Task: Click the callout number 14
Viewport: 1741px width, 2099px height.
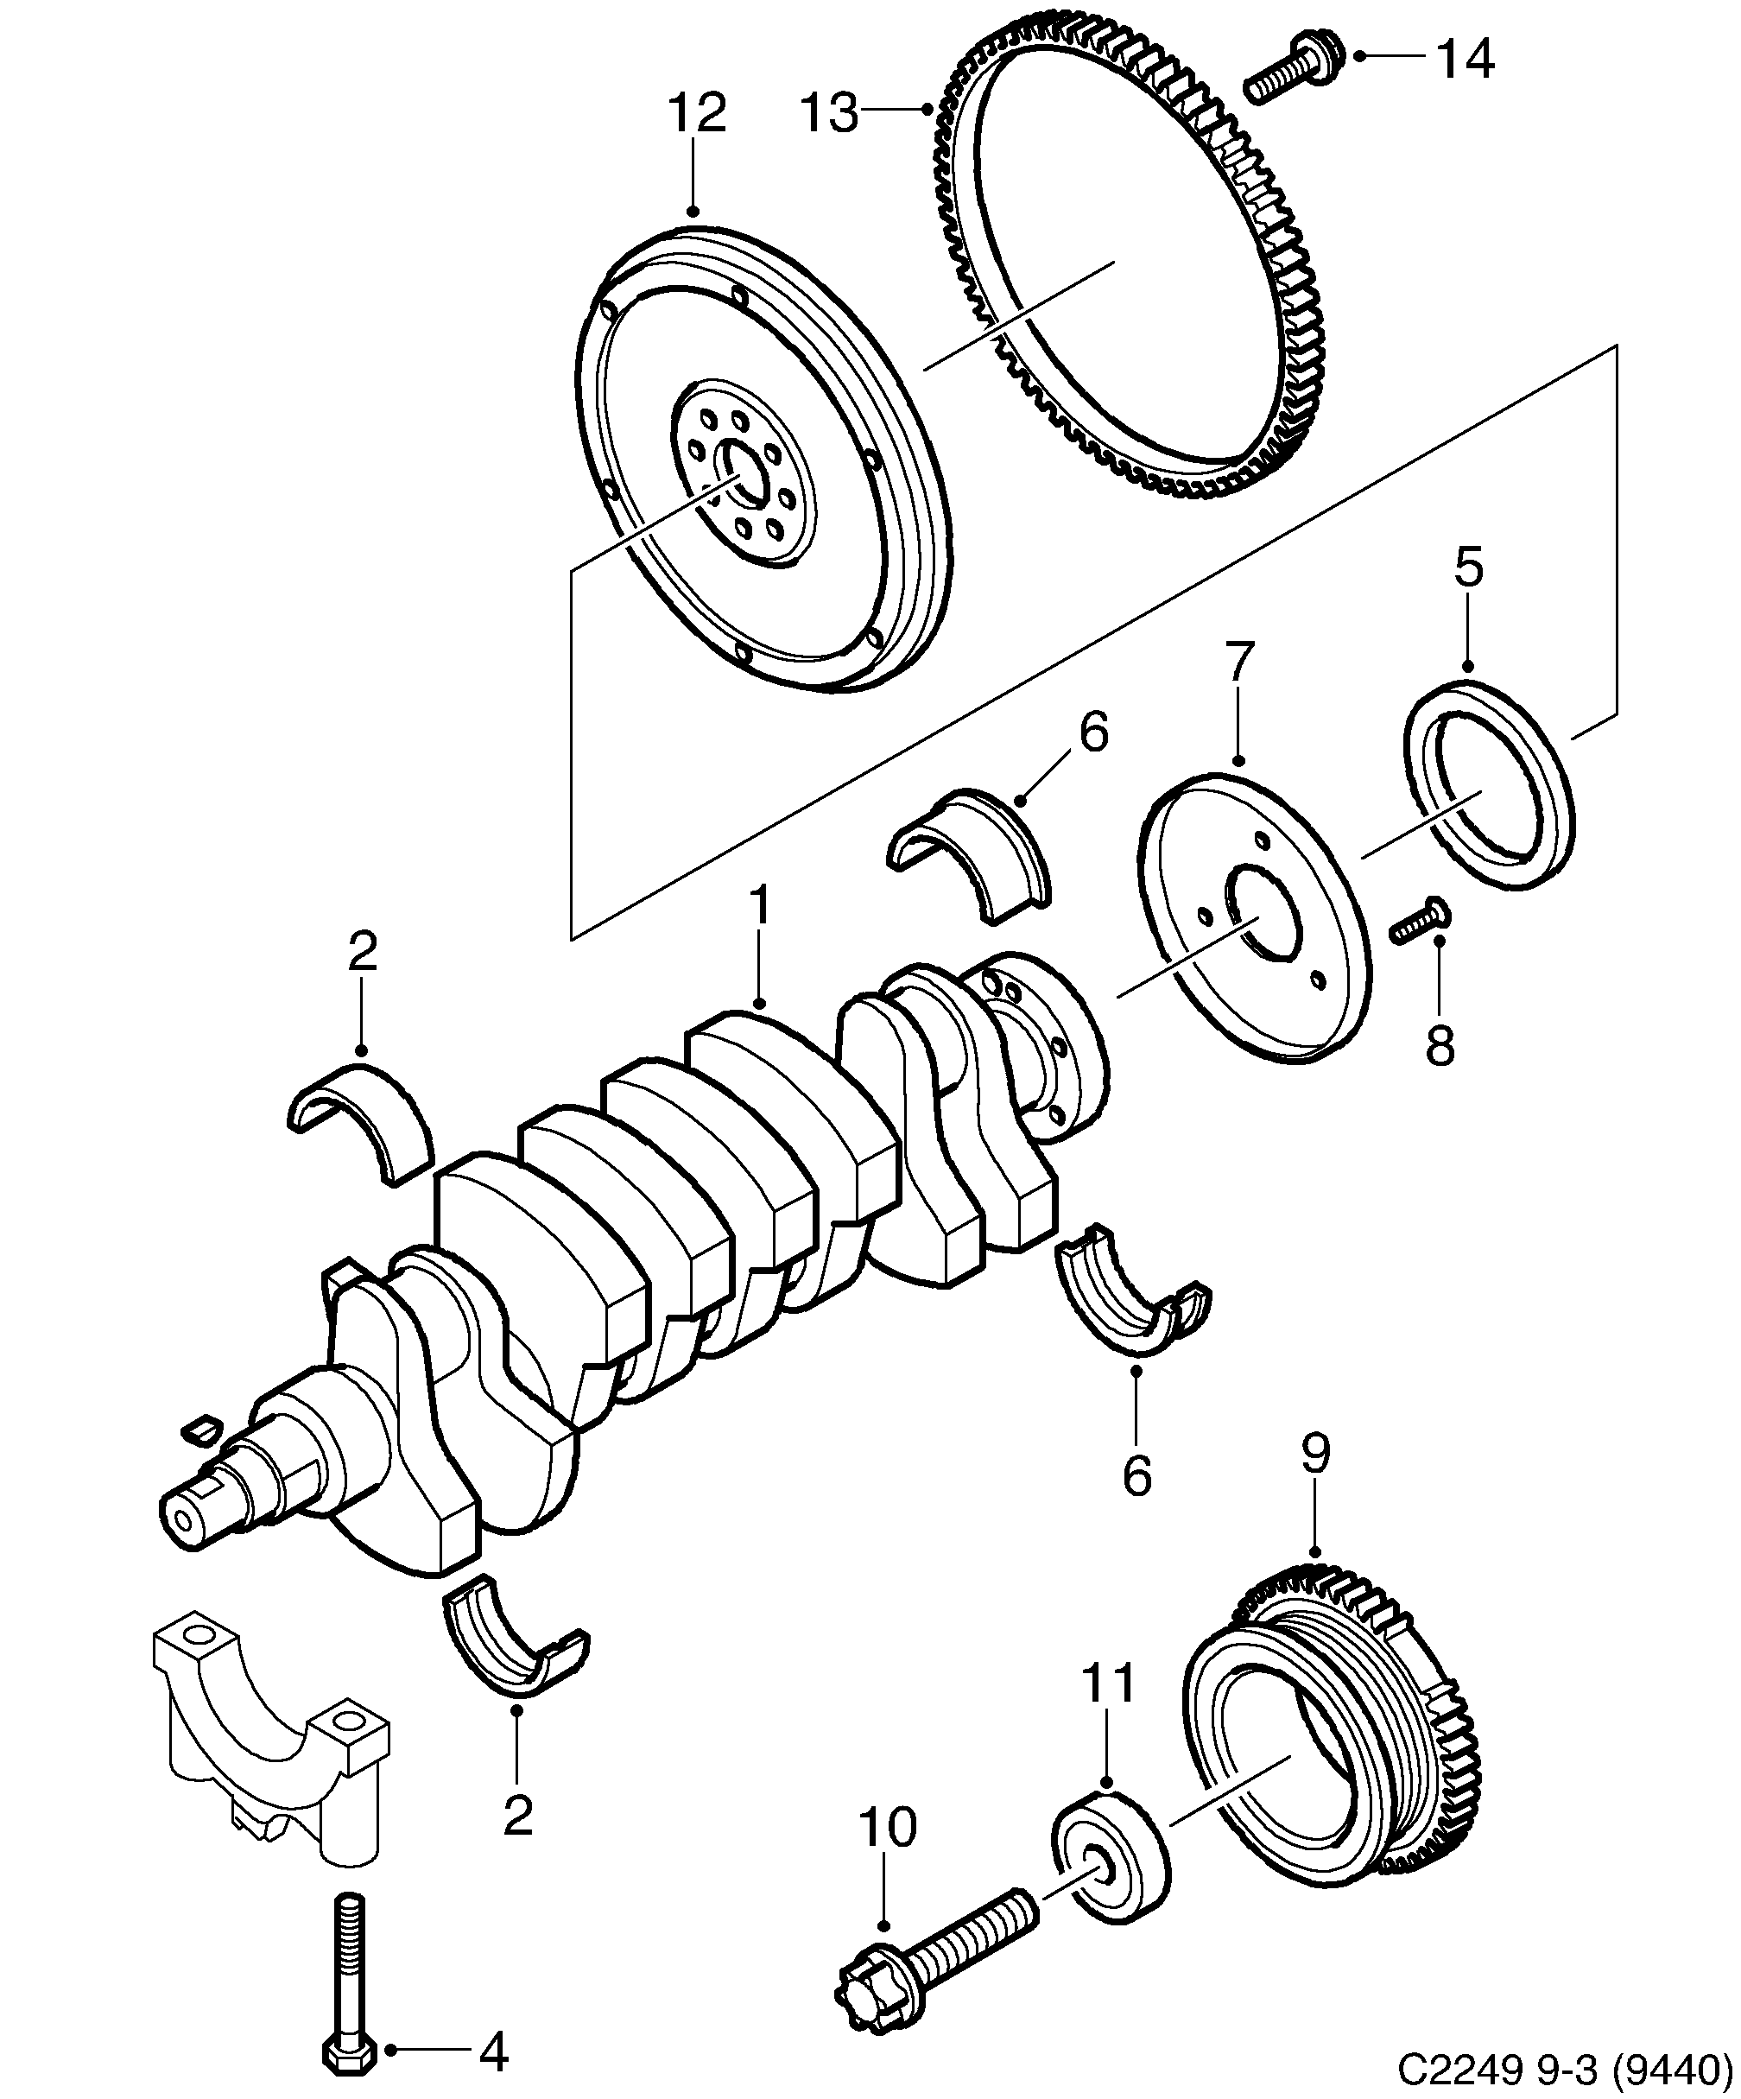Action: (x=1466, y=60)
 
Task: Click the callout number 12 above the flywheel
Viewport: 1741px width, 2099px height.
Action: (x=697, y=114)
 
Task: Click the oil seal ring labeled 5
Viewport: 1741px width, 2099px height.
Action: (x=1489, y=784)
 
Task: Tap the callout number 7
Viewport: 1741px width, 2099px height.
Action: (x=1238, y=663)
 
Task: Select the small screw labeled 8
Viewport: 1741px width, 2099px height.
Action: (x=1419, y=920)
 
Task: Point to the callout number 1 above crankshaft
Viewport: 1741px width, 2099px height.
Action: (x=760, y=905)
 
